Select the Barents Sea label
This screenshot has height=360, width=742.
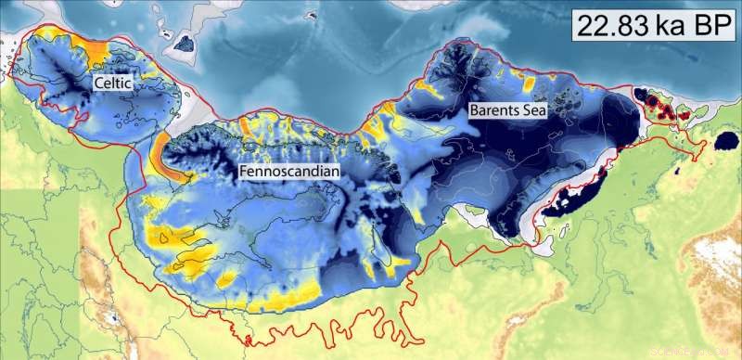tap(508, 109)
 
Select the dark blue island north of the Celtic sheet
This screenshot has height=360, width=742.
tap(185, 42)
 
